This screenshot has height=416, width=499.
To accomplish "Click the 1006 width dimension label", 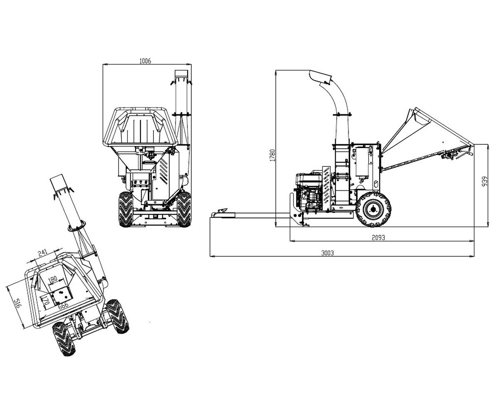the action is pos(145,61).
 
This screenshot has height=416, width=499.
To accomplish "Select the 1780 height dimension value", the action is pos(272,155).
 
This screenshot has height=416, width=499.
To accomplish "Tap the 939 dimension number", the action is pos(484,181).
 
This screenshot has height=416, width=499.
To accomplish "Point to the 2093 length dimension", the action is pos(378,238).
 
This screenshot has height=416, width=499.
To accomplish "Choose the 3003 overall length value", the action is pos(327,253).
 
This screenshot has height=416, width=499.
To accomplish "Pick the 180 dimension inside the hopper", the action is pos(52,279).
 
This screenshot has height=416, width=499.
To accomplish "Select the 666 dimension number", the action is pos(63,305).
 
